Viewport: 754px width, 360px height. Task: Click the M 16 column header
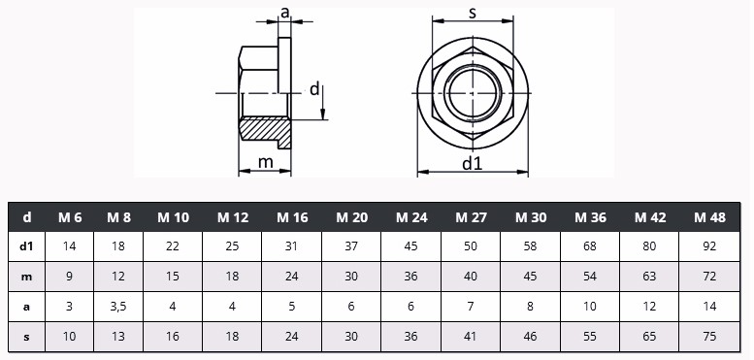pyautogui.click(x=292, y=217)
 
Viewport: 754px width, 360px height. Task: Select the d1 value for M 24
pyautogui.click(x=411, y=246)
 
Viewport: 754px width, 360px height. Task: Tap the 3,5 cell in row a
pyautogui.click(x=117, y=307)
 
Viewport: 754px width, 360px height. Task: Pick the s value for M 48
pyautogui.click(x=709, y=337)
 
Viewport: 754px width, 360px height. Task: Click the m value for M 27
pyautogui.click(x=471, y=277)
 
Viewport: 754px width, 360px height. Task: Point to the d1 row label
pyautogui.click(x=27, y=246)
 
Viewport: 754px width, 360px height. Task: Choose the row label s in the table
pyautogui.click(x=27, y=337)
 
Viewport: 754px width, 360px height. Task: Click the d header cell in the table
pyautogui.click(x=27, y=217)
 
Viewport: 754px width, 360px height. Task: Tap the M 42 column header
pyautogui.click(x=649, y=217)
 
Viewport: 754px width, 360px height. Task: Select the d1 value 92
pyautogui.click(x=709, y=246)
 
